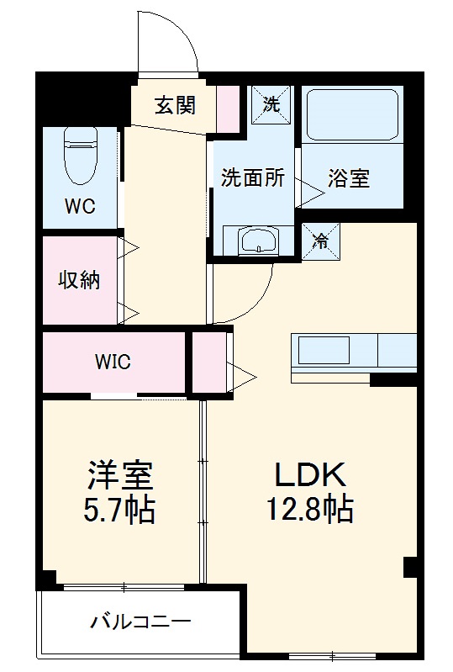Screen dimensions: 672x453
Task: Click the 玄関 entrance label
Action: click(x=175, y=105)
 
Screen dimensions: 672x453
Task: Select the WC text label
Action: click(x=80, y=206)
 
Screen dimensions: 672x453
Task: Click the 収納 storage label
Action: click(x=79, y=280)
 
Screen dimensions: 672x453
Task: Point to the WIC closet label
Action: click(x=112, y=362)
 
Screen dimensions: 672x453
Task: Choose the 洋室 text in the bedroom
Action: click(x=120, y=476)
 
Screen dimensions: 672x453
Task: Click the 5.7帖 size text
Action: click(x=120, y=510)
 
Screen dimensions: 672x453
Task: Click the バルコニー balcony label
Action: click(x=141, y=623)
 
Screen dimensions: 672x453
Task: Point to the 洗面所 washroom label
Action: click(x=252, y=178)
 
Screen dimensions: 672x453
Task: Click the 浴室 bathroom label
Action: click(x=349, y=178)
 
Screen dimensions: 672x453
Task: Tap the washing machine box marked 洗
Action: click(x=271, y=104)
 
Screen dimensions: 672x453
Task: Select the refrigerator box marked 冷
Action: click(x=320, y=241)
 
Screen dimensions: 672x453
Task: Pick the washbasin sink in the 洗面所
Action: click(x=259, y=241)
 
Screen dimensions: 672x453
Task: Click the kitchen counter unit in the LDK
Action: click(x=354, y=352)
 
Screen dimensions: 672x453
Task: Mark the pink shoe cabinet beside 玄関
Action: click(x=228, y=108)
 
